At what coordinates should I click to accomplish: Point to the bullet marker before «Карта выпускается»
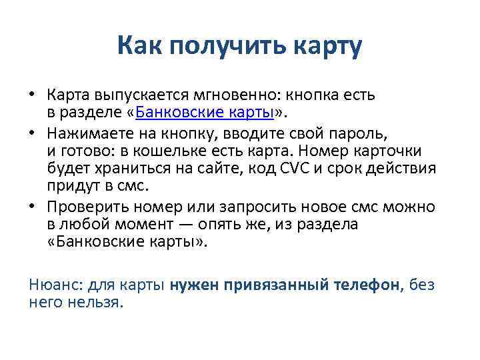[31, 94]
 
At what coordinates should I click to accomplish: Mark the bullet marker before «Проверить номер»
[31, 208]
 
